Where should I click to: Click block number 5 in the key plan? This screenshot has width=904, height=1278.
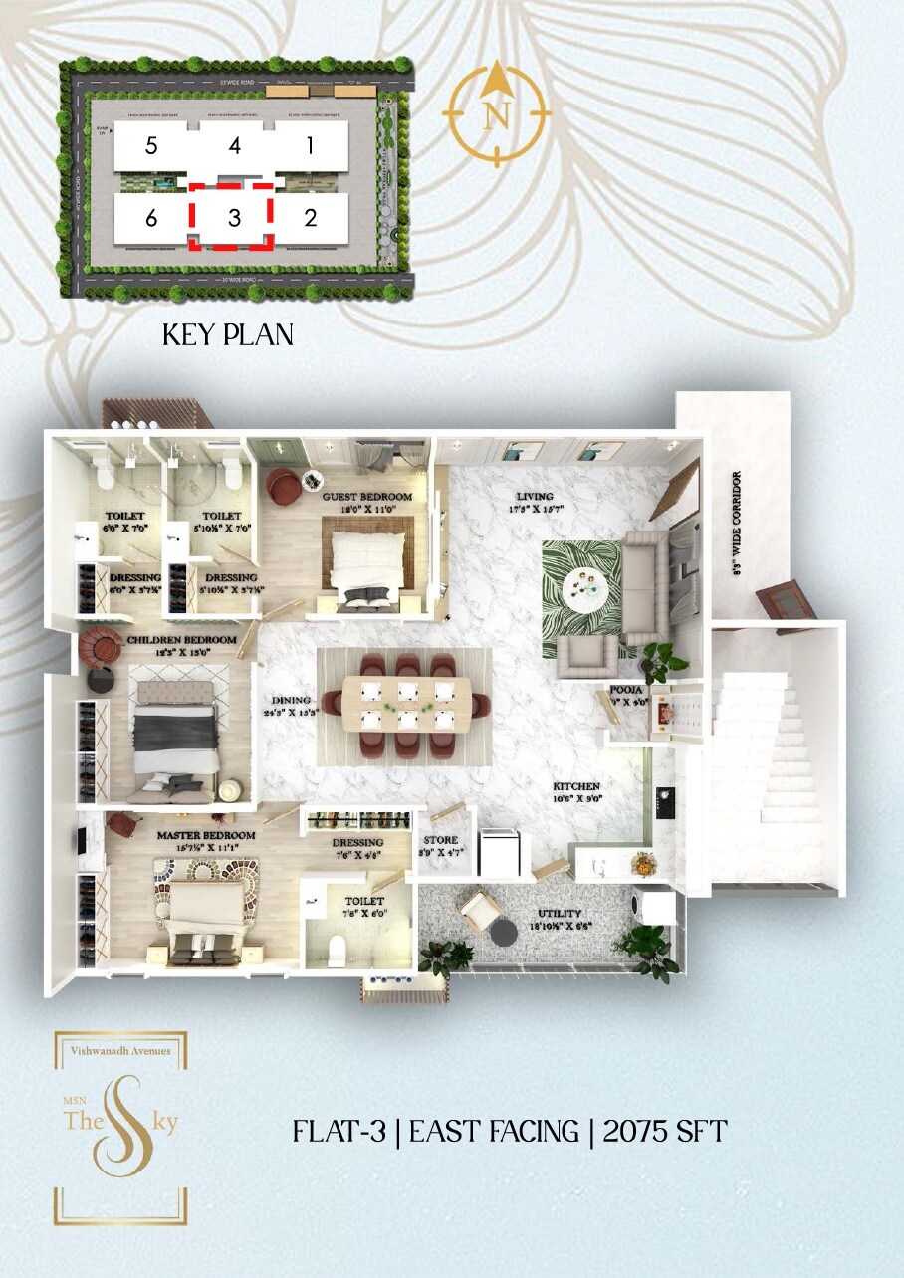[150, 146]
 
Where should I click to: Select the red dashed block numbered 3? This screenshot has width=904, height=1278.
[234, 218]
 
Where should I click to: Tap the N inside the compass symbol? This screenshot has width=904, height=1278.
[496, 116]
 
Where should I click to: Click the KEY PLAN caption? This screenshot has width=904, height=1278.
[228, 335]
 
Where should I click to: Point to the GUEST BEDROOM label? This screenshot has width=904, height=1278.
[366, 496]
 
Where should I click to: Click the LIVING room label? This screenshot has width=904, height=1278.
[534, 496]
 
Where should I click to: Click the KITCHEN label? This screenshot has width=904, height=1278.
[577, 786]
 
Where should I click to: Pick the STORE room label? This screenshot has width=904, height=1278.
[441, 839]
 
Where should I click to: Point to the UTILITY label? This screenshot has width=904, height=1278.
[562, 913]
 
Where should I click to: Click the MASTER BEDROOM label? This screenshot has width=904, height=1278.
[206, 835]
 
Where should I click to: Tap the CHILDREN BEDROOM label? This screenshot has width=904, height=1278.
[181, 639]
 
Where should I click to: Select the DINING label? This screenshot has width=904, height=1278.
[274, 700]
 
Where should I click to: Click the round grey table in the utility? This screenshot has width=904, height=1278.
[506, 932]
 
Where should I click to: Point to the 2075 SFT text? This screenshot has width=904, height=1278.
[665, 1132]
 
